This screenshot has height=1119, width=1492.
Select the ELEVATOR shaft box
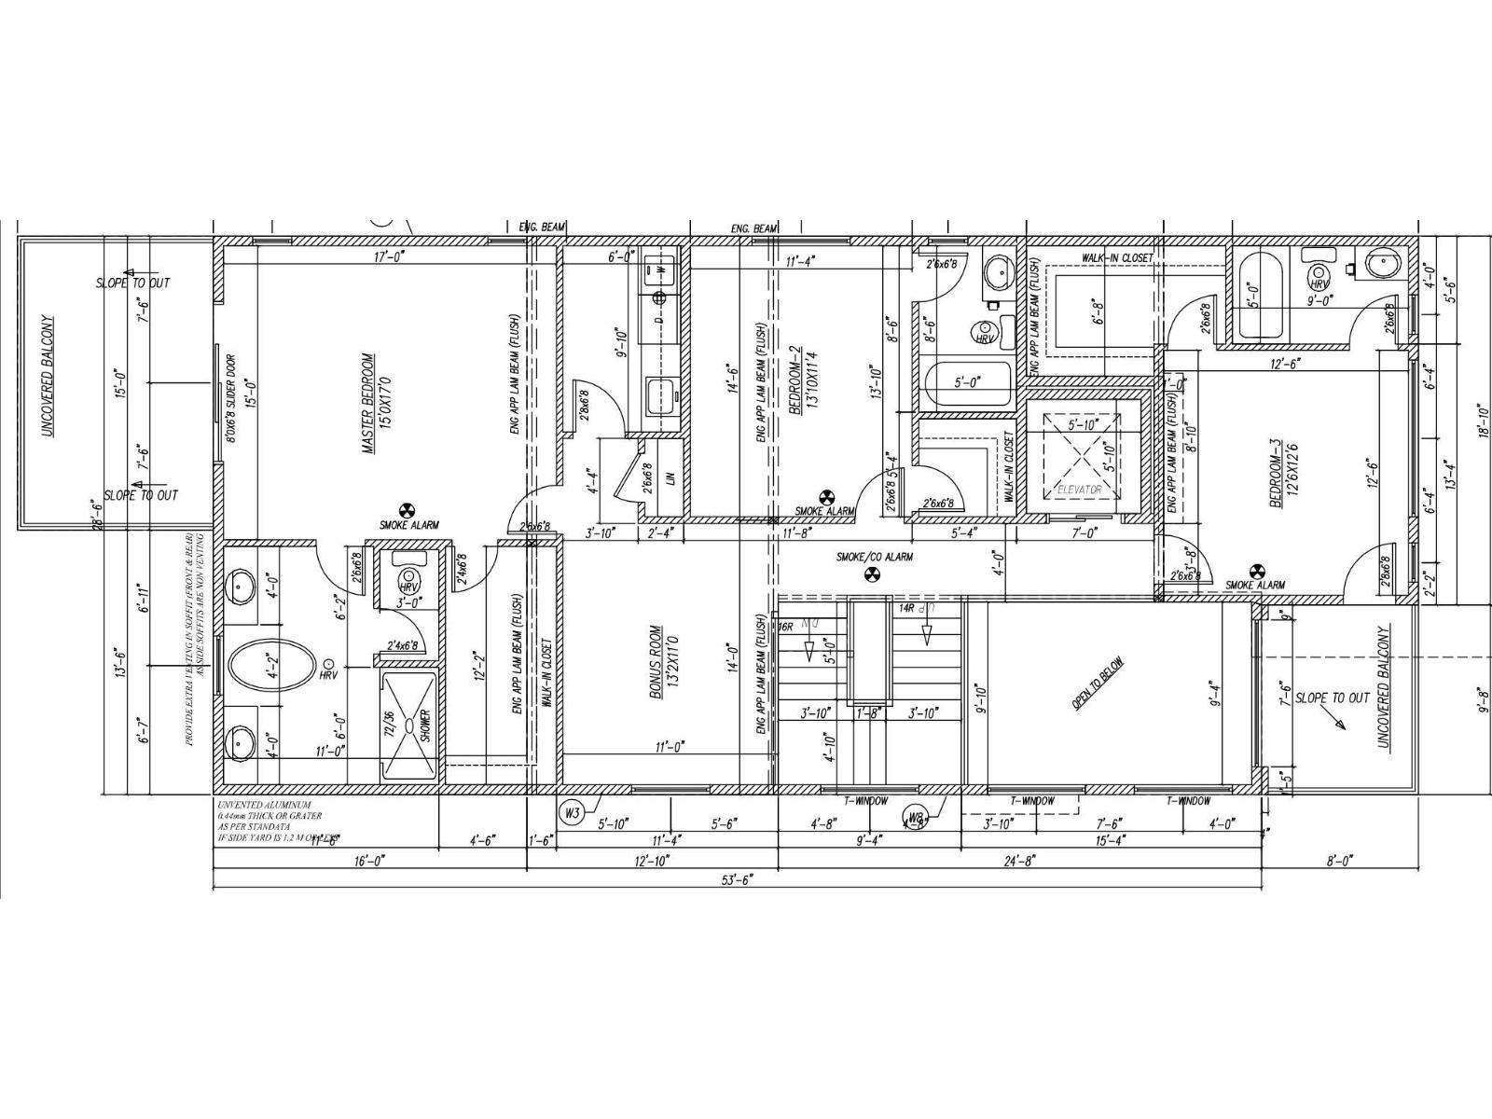[x=1078, y=457]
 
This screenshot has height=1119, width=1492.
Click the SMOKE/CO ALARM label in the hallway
[x=874, y=557]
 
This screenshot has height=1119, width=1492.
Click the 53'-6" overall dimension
[x=737, y=877]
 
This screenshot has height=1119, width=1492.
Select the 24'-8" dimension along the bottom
[x=1018, y=862]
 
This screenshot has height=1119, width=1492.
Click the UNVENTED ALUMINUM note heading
[x=265, y=805]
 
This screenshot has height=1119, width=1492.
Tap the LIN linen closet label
[x=670, y=478]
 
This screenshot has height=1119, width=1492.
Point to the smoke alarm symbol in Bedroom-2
[x=825, y=498]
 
